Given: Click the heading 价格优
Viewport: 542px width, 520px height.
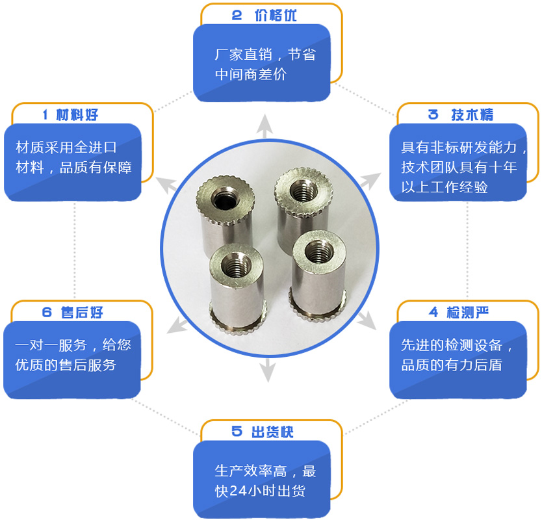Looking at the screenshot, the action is click(276, 15).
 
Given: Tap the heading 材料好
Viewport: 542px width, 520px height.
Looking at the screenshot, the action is click(77, 115).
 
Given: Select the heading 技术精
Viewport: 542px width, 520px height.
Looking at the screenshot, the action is click(472, 115).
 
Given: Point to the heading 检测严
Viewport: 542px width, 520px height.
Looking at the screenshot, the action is click(468, 313).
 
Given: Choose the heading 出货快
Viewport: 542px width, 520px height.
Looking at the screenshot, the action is click(272, 432).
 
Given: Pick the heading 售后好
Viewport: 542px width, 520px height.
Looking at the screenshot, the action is click(82, 313).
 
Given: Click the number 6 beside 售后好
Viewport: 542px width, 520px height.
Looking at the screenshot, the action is click(47, 313).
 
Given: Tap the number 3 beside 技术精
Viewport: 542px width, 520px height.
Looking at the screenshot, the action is click(433, 114).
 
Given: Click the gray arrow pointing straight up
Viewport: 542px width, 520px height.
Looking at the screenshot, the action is click(265, 126).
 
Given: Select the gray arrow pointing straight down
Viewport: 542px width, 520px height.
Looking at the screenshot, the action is click(268, 370).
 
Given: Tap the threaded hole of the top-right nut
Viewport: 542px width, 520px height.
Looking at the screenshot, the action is click(303, 191).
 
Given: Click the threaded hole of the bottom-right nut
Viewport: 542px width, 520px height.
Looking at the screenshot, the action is click(318, 252).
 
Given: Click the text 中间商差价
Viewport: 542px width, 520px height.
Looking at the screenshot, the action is click(251, 74).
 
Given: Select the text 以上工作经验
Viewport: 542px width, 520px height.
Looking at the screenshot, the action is click(444, 187).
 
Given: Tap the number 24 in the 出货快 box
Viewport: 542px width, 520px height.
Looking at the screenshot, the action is click(238, 491).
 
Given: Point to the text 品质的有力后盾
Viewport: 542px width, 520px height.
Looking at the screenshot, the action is click(452, 365).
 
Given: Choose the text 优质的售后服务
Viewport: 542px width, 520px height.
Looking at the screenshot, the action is click(66, 365).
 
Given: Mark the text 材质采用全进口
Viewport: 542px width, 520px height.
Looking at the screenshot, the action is click(66, 148).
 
